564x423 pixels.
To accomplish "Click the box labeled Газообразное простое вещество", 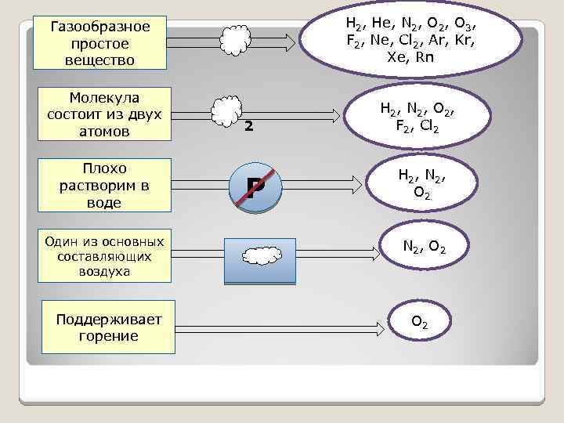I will (103, 43).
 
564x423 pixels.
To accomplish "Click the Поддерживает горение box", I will (107, 327).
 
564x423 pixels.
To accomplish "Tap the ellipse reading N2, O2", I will (425, 248).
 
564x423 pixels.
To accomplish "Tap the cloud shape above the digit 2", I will (227, 110).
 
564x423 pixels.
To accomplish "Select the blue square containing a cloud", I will (259, 259).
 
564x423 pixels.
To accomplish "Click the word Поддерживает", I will (108, 320).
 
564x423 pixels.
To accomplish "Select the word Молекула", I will (104, 97).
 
